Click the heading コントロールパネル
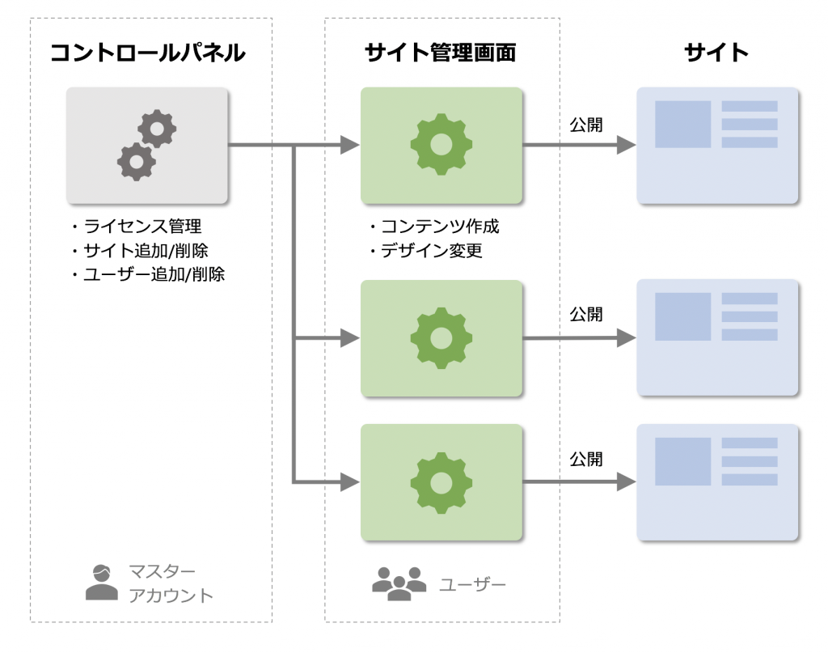[147, 53]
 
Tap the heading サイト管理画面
[440, 53]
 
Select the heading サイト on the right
[716, 53]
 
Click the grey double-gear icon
[147, 146]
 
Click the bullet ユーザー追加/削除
[148, 274]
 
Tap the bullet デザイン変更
[426, 251]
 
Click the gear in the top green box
[441, 145]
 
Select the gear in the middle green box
[441, 337]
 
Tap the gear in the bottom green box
[441, 482]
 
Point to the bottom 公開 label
[586, 460]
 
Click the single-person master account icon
[101, 583]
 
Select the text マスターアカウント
[171, 584]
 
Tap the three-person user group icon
[399, 583]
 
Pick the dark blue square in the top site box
[682, 125]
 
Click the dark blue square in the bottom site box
[682, 461]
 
